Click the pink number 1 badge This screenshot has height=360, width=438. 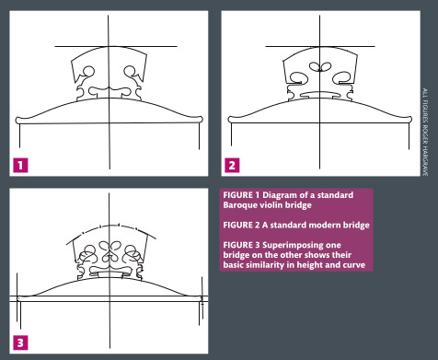click(x=20, y=165)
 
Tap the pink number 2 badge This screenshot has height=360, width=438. click(x=232, y=165)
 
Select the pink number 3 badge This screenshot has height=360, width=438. click(x=20, y=343)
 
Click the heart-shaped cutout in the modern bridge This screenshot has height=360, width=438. click(x=320, y=66)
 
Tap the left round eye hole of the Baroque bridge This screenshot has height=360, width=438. click(x=89, y=72)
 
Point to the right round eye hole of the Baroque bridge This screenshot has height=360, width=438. click(x=129, y=71)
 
